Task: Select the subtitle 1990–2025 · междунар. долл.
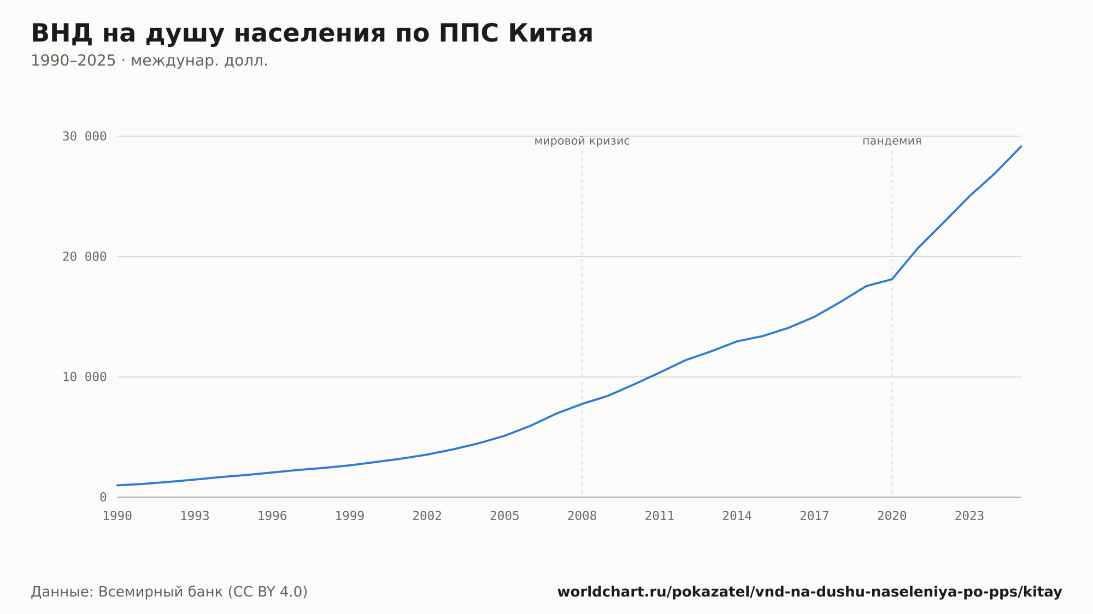[149, 61]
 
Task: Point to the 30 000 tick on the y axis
[84, 136]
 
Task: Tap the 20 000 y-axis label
[84, 257]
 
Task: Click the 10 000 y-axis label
[84, 377]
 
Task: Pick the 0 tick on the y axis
[103, 497]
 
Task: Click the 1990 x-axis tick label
[117, 516]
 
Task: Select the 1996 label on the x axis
[272, 516]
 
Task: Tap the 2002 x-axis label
[427, 516]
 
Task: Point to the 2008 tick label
[582, 516]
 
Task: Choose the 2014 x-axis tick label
[737, 516]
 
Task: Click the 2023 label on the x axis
[969, 516]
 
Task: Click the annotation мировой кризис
[582, 141]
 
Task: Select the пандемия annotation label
[892, 141]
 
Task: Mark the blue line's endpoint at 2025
[1021, 146]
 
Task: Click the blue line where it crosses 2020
[892, 279]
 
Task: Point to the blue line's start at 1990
[117, 485]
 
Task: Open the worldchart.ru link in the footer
[810, 592]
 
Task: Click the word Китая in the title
[550, 34]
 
